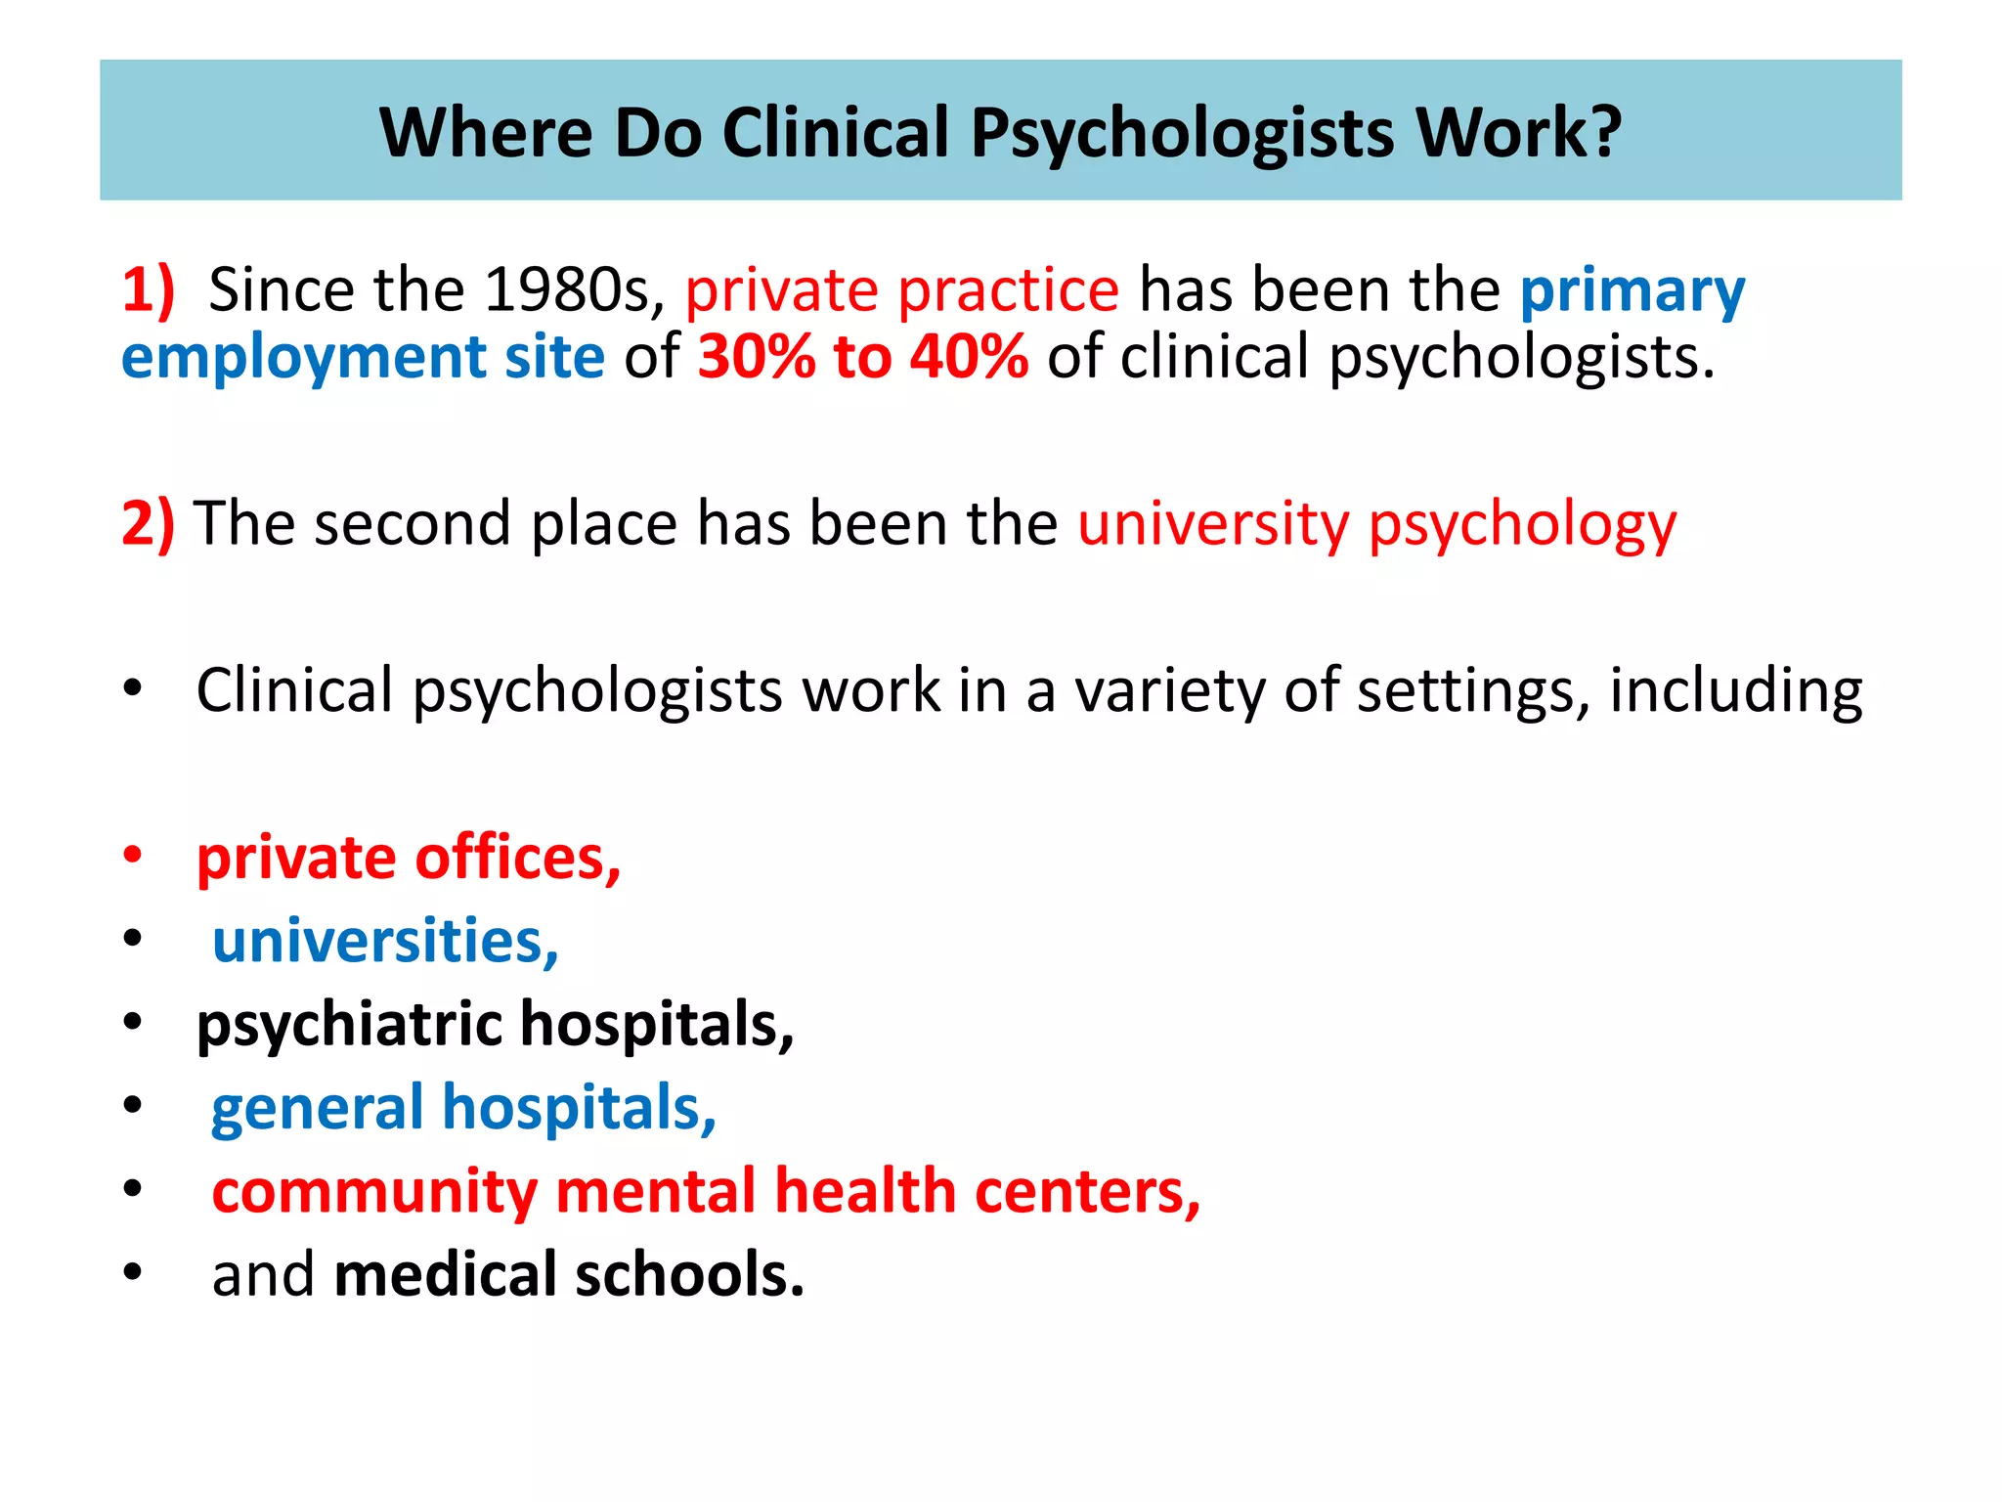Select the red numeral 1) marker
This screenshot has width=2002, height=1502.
pos(148,290)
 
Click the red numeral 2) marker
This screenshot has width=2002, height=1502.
pos(148,523)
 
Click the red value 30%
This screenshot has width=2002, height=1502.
pos(756,357)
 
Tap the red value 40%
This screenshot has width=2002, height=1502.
pos(969,357)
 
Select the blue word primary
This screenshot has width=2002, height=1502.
pos(1632,292)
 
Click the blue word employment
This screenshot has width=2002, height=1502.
pos(303,359)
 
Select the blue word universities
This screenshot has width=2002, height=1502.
pos(385,941)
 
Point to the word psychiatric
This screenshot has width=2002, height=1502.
pos(349,1026)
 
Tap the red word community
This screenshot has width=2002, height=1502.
pos(374,1192)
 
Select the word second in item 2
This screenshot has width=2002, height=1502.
pos(412,523)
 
